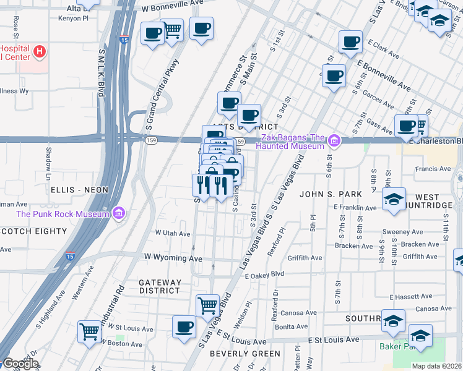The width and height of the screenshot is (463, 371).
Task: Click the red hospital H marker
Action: point(40,51)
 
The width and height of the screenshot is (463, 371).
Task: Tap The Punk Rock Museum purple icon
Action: point(119,214)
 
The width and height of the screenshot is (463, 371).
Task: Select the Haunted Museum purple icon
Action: point(335,141)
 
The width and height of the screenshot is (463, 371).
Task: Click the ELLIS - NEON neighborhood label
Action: point(79,190)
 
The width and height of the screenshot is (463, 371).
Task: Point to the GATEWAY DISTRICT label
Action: point(160,286)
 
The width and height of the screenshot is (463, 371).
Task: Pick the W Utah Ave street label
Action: point(173,234)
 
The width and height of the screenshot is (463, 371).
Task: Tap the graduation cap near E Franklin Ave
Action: point(393,200)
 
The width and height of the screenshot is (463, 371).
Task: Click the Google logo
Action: point(20,364)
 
